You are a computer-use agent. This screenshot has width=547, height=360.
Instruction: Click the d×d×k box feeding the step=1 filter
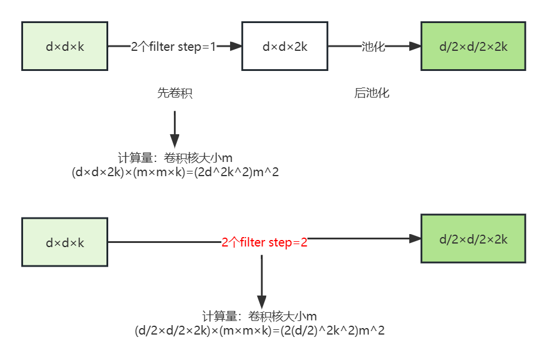(x=65, y=46)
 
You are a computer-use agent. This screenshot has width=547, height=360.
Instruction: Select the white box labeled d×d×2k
(x=284, y=46)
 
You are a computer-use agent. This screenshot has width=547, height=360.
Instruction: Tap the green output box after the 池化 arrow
(x=473, y=46)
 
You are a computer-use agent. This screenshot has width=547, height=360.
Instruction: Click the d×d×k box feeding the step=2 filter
(x=65, y=242)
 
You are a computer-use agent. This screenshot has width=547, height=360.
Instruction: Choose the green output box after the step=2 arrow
(x=473, y=238)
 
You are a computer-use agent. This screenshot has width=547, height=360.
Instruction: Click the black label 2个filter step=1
(x=174, y=47)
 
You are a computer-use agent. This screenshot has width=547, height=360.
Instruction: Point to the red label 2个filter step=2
(x=264, y=242)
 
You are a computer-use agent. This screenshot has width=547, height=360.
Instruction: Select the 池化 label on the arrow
(x=373, y=47)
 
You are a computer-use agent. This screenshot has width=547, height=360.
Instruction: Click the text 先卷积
(x=174, y=93)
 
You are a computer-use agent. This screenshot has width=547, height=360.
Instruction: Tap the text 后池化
(x=372, y=93)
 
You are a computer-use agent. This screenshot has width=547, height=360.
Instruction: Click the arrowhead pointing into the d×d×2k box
(x=237, y=46)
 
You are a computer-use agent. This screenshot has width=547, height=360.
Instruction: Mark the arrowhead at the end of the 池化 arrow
(x=415, y=46)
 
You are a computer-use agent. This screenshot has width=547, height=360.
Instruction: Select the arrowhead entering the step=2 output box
(x=415, y=238)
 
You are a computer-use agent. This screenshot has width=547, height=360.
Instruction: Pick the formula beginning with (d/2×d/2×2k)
(x=260, y=330)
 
